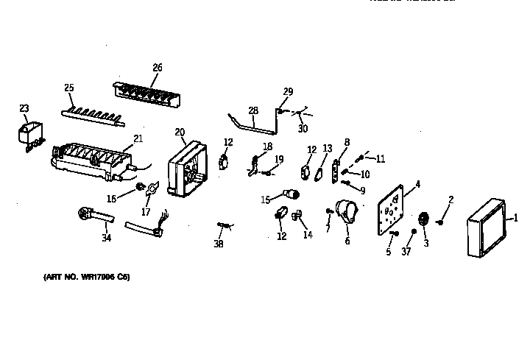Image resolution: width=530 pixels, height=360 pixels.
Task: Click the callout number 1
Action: [x=516, y=217]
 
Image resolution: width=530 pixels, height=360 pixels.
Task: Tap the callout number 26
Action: [x=157, y=68]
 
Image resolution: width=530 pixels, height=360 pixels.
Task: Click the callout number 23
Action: [x=24, y=108]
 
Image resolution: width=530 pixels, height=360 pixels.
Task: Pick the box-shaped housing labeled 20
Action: [x=186, y=172]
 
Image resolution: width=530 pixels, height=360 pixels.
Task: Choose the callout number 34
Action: [x=107, y=237]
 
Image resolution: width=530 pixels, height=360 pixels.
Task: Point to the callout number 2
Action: [x=451, y=200]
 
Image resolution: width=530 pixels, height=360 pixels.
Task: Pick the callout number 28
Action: [x=253, y=110]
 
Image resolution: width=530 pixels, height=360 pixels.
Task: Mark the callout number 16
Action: [x=112, y=198]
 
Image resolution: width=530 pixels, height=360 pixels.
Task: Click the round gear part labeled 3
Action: [x=424, y=219]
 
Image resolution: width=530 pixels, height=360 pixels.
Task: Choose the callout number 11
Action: [x=380, y=158]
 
